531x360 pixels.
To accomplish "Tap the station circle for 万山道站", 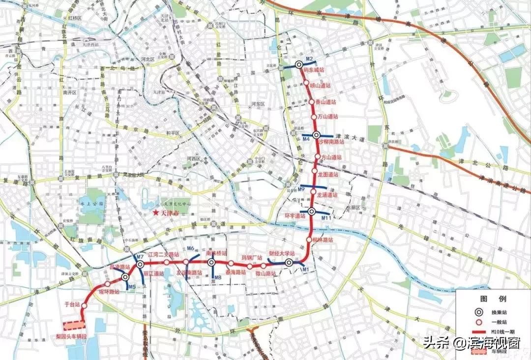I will [314, 117].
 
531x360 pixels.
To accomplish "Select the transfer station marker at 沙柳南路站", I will [317, 135].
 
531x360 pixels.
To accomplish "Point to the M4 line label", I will [306, 140].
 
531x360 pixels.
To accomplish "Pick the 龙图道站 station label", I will [328, 174].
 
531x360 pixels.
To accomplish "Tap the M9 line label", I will [302, 189].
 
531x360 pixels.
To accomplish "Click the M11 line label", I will [325, 217].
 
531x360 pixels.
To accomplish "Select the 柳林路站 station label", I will [323, 240].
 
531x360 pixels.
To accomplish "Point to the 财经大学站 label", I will [281, 254].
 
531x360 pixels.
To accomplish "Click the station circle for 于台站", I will [84, 305].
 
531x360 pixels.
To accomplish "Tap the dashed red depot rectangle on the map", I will [74, 325].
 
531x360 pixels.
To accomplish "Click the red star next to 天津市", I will [156, 213].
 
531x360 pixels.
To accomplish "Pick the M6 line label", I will [191, 249].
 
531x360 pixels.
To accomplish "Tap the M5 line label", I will [131, 286].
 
